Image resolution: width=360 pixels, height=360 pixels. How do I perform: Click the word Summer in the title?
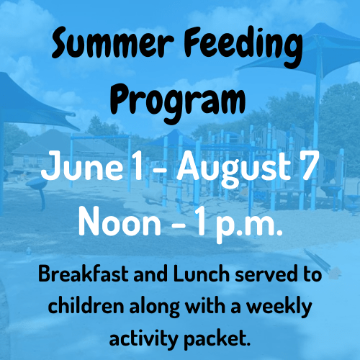click(x=112, y=42)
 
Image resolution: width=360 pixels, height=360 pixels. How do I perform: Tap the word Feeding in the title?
click(x=243, y=46)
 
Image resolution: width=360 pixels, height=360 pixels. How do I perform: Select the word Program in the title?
click(x=178, y=102)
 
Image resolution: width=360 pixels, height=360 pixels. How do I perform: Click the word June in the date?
click(x=82, y=166)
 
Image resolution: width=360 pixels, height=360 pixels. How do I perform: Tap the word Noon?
click(x=120, y=222)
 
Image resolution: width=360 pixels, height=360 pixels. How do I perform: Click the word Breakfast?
click(x=84, y=274)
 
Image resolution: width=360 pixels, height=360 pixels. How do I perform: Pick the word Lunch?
click(x=201, y=274)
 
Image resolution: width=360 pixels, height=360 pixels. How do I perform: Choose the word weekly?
click(x=280, y=308)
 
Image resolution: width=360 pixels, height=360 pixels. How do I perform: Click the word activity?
click(x=143, y=339)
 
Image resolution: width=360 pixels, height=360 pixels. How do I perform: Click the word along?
click(x=155, y=308)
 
